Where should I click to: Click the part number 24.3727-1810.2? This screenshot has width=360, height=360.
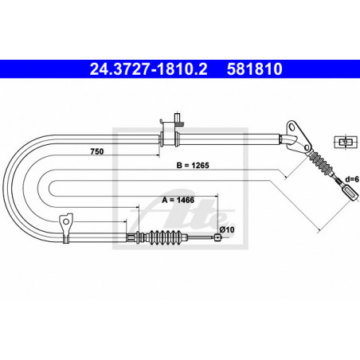(x=148, y=69)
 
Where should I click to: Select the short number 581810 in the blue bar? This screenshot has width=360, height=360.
(x=254, y=69)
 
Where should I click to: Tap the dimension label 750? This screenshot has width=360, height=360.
(x=97, y=151)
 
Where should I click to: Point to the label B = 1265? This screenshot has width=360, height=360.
(x=193, y=166)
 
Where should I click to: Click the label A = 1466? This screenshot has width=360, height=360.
(x=178, y=200)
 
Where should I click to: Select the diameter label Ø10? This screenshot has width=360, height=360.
(x=227, y=229)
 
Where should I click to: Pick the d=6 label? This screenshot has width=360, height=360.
(x=352, y=179)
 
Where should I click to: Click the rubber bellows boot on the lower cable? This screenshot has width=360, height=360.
(x=165, y=237)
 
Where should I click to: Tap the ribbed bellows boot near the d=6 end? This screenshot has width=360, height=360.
(x=321, y=163)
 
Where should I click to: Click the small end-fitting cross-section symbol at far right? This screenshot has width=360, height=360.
(x=345, y=142)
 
